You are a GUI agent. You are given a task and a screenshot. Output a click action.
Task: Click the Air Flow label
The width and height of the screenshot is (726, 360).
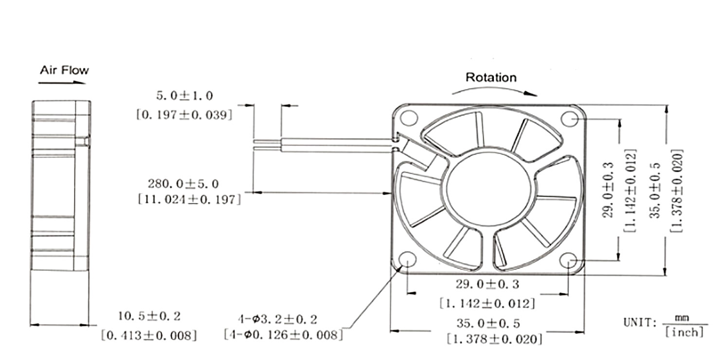[64, 70]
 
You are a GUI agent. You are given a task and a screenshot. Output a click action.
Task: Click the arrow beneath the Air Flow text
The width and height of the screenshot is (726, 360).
[62, 83]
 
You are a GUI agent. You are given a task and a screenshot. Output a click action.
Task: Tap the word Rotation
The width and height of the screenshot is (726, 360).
[490, 77]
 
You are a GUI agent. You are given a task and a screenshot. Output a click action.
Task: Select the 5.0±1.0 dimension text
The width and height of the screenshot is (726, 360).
[184, 95]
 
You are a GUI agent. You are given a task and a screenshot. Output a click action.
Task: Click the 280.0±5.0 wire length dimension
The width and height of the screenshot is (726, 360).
[183, 184]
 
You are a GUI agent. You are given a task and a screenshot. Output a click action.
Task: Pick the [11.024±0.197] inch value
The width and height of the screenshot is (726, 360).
[189, 199]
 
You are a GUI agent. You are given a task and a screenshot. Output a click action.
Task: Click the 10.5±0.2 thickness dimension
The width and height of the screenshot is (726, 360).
[149, 316]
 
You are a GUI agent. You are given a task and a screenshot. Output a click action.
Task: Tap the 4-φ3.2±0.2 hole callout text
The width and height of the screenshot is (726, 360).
[277, 320]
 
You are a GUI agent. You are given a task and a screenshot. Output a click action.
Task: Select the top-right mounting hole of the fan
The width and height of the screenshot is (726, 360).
[569, 118]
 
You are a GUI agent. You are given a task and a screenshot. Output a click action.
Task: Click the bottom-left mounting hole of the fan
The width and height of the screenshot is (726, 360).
[407, 260]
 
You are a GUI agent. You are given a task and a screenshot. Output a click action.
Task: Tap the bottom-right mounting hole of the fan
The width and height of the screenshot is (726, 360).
[568, 260]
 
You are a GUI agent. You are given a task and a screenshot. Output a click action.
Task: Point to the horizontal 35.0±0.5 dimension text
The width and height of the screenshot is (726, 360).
[488, 323]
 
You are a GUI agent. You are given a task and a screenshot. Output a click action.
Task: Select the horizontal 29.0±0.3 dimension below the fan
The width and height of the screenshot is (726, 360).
[487, 284]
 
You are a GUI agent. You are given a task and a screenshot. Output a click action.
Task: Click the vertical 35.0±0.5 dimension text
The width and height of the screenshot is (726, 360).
[656, 190]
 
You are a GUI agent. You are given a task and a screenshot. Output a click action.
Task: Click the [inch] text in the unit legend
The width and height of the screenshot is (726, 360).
[685, 332]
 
